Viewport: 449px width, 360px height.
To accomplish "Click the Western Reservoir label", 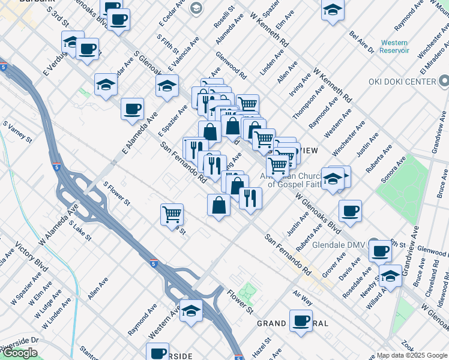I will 394,47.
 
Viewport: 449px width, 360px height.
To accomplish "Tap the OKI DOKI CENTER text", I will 404,82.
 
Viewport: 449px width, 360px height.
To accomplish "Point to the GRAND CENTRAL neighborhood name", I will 292,323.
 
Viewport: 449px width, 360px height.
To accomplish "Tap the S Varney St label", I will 17,132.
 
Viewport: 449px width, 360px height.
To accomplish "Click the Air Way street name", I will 303,296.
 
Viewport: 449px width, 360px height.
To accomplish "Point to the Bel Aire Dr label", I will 361,43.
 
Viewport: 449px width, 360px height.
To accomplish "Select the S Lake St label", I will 80,230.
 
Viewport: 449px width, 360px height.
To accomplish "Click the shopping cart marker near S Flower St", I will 172,214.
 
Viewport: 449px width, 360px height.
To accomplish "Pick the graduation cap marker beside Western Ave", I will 191,311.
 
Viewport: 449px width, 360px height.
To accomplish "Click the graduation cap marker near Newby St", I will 390,277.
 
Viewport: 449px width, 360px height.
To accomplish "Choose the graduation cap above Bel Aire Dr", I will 333,10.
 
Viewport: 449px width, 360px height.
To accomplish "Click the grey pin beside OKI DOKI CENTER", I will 444,81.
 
